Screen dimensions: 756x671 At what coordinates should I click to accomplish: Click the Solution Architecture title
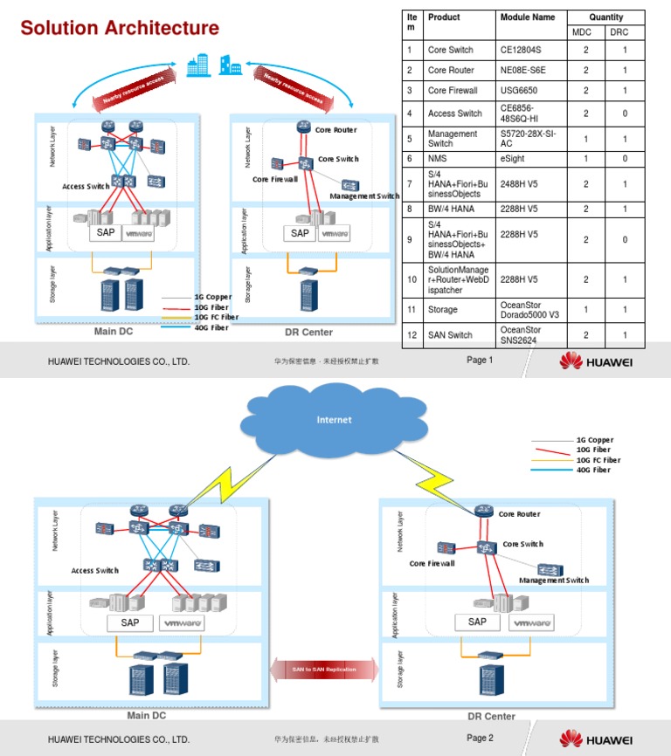pos(120,28)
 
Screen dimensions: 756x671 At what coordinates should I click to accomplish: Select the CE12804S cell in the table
pos(521,50)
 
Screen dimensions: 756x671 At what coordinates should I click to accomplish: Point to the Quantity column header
pos(605,17)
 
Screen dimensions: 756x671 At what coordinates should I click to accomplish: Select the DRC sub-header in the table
pos(624,32)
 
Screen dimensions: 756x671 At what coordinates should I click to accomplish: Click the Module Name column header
pos(528,17)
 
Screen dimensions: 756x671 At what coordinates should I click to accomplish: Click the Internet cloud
pos(334,420)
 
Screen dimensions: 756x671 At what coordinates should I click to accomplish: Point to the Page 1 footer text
pos(480,361)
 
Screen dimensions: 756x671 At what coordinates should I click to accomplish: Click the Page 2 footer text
pos(480,739)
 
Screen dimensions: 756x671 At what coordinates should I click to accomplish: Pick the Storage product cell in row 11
pos(444,309)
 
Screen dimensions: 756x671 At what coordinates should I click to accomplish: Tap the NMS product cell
pos(437,158)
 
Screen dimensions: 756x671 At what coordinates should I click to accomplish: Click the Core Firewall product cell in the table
pos(453,90)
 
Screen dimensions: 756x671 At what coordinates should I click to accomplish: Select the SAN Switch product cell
pos(449,335)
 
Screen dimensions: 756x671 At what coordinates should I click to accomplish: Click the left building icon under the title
pos(197,64)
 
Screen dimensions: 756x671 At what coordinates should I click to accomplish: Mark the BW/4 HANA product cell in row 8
pos(451,209)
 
